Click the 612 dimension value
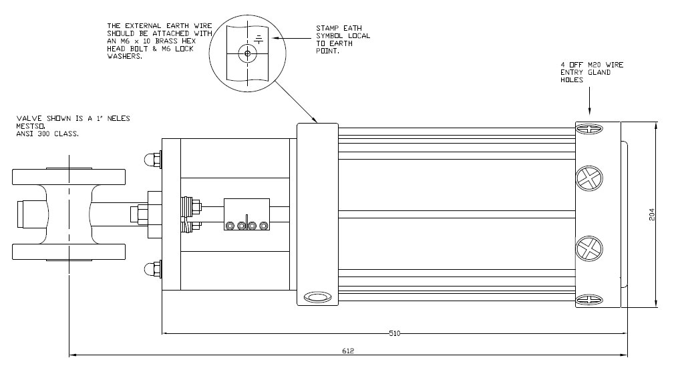click(x=347, y=351)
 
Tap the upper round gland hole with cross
click(x=589, y=178)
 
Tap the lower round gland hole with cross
click(x=589, y=249)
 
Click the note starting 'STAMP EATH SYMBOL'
click(x=343, y=39)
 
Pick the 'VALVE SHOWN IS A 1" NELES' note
click(x=73, y=119)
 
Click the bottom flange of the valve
click(x=69, y=252)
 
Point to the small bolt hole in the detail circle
click(x=247, y=53)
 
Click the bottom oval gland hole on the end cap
click(x=589, y=299)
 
